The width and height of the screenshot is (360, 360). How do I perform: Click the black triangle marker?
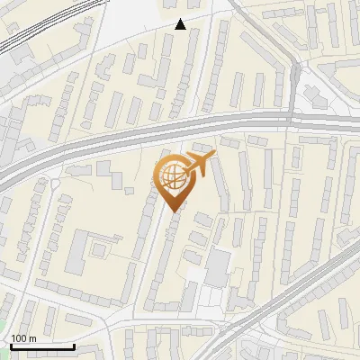(x=181, y=24)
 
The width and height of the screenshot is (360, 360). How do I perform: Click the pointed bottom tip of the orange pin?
(x=174, y=209)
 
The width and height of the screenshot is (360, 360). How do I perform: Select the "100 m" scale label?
(x=23, y=337)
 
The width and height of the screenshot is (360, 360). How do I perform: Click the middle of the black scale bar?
(x=42, y=346)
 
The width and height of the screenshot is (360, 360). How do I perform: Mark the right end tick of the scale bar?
(x=75, y=346)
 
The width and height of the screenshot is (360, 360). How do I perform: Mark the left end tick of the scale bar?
(x=10, y=346)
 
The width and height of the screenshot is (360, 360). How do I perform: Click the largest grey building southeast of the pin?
(x=218, y=266)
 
